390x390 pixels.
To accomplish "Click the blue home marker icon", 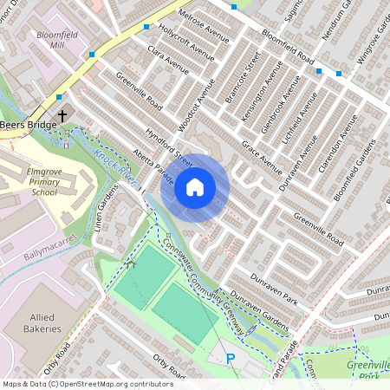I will (x=194, y=186).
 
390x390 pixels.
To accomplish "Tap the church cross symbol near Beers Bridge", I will (x=62, y=114).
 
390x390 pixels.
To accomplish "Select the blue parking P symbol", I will (x=231, y=359).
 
